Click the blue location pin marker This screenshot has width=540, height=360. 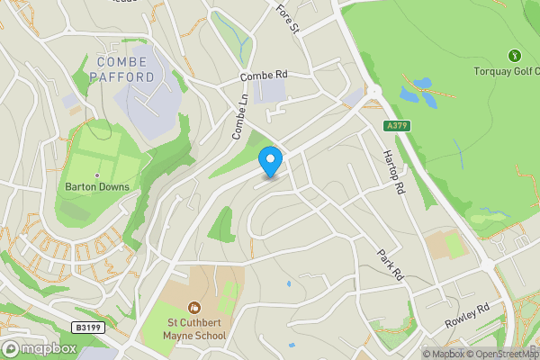(270, 162)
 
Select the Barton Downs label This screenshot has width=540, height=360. (97, 187)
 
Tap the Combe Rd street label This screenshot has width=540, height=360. (263, 75)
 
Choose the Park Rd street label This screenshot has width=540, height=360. (390, 262)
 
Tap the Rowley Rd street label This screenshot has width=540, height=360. (466, 315)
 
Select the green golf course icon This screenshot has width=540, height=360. (514, 55)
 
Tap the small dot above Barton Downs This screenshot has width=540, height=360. (96, 175)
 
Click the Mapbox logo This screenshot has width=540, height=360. (39, 348)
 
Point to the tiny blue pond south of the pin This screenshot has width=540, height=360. (287, 283)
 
